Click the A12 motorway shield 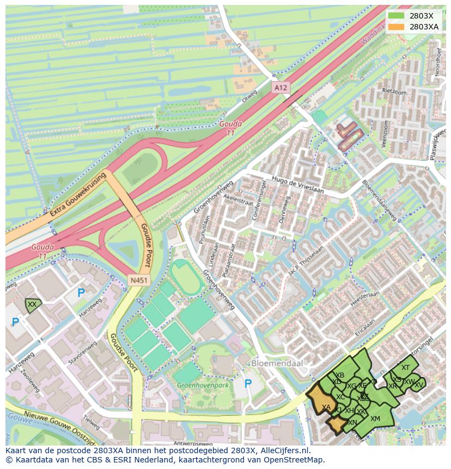280,87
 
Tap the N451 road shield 137,280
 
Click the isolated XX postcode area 33,305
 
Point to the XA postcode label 326,407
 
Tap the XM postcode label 375,418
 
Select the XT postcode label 405,368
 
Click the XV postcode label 418,385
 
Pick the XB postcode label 340,375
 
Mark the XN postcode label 352,423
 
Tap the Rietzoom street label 394,92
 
